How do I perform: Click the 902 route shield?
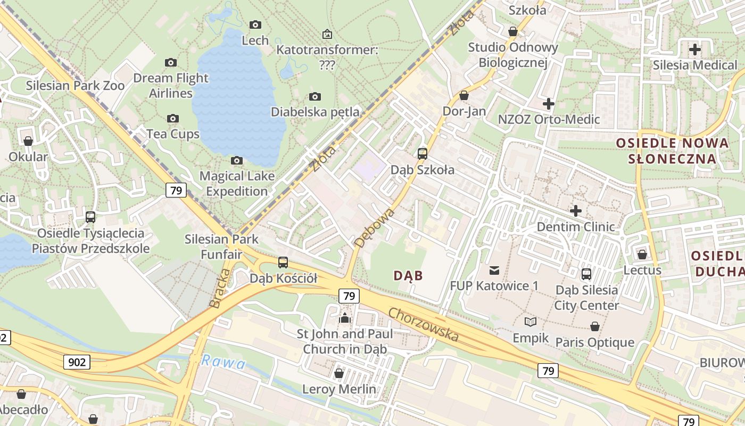pos(77,363)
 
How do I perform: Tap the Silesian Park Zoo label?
pos(75,85)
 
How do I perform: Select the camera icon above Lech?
pos(255,24)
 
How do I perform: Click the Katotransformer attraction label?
pos(327,57)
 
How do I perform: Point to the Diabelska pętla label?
pos(315,112)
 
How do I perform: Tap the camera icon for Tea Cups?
pos(172,118)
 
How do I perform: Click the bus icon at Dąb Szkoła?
pos(423,154)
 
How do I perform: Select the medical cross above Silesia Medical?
pos(695,50)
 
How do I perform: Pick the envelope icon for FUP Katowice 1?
pos(494,271)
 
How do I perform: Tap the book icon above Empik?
pos(531,322)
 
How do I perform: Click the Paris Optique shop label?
pos(595,342)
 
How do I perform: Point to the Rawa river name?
pos(223,363)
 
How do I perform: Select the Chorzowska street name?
pos(424,324)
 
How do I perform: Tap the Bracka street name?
pos(220,288)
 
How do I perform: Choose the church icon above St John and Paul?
pos(345,318)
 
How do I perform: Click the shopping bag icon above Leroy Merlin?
pos(339,373)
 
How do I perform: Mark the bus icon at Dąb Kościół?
pos(283,263)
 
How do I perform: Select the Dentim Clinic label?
pos(576,227)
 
